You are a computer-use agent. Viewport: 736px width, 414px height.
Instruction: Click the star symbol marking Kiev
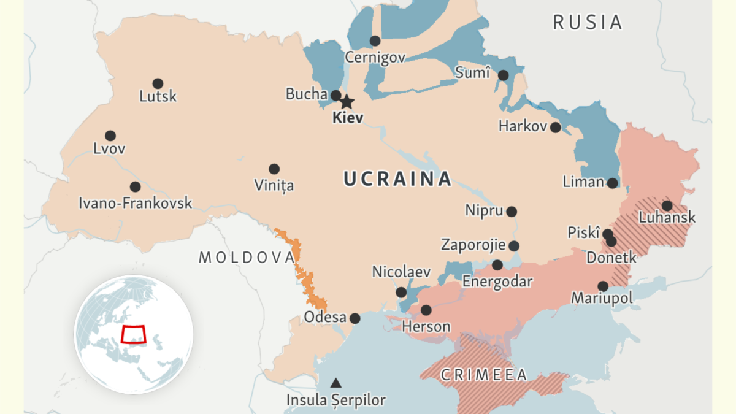click(347, 102)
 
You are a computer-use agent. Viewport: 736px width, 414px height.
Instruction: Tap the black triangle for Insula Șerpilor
click(335, 383)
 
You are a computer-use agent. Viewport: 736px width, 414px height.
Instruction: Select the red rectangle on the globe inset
click(134, 334)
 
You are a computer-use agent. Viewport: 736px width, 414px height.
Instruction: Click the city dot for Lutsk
click(158, 83)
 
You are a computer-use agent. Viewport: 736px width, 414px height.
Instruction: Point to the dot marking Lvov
click(110, 136)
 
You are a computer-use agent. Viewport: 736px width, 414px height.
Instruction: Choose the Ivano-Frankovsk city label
click(136, 203)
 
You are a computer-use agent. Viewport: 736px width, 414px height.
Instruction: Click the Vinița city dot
click(274, 169)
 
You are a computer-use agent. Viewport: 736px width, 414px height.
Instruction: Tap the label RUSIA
click(588, 23)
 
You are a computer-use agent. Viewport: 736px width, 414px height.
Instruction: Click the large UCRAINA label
click(397, 179)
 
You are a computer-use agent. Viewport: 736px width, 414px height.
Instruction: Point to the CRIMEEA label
click(484, 374)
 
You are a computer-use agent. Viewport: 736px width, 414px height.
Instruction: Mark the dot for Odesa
click(355, 318)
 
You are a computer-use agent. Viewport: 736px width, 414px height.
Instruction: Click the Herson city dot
click(426, 310)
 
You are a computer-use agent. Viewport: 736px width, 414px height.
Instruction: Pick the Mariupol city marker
click(603, 286)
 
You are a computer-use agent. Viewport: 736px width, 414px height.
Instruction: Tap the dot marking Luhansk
click(667, 205)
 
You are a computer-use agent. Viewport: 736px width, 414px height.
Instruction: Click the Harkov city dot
click(555, 127)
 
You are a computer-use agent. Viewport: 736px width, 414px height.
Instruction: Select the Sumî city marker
click(503, 75)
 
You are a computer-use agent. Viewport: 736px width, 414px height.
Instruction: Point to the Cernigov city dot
click(375, 40)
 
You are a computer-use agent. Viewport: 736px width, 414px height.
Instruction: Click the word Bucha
click(306, 94)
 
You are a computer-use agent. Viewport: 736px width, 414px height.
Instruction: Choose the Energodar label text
click(497, 282)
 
